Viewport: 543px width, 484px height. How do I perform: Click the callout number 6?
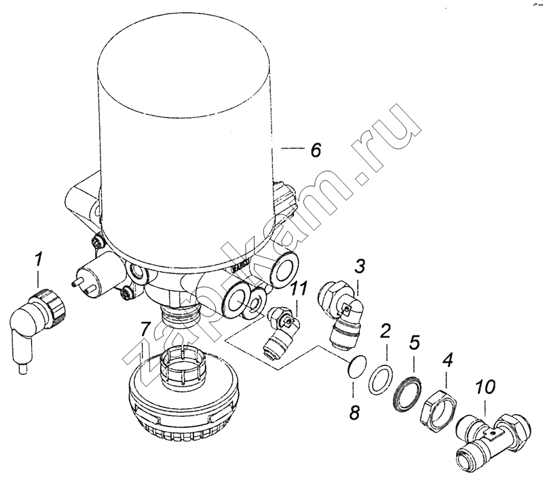pyautogui.click(x=316, y=150)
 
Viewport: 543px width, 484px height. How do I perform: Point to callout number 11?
pyautogui.click(x=298, y=289)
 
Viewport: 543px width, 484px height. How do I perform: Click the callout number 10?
pyautogui.click(x=485, y=388)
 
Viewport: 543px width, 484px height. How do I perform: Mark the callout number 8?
pyautogui.click(x=354, y=411)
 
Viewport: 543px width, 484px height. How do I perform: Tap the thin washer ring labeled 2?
pyautogui.click(x=381, y=379)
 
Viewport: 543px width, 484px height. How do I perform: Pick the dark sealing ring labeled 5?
pyautogui.click(x=408, y=393)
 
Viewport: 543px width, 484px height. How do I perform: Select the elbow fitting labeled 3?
pyautogui.click(x=341, y=311)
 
